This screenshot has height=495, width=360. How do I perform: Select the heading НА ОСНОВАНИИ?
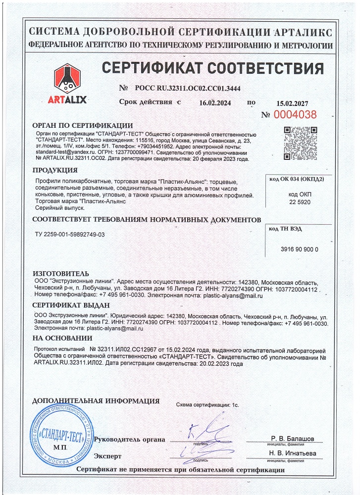(62, 339)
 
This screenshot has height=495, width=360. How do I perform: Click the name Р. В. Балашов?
(292, 439)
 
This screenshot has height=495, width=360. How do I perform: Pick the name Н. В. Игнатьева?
(292, 453)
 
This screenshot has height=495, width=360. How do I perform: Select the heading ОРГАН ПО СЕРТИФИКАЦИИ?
(82, 125)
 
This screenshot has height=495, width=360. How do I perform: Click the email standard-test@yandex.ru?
(61, 153)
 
